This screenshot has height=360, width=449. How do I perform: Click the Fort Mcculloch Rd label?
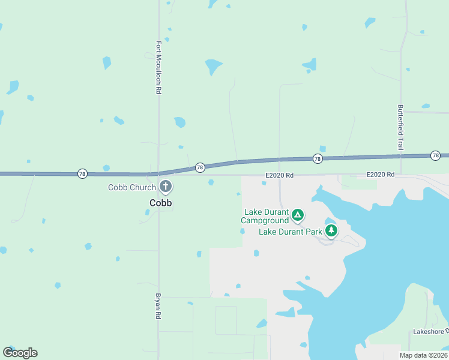coord(159,67)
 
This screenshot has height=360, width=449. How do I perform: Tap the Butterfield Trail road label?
coord(400,127)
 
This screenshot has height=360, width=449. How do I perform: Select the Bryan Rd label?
coord(159,306)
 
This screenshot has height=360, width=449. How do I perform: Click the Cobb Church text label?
coord(132,187)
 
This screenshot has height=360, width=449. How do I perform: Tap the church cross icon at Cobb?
coord(166,187)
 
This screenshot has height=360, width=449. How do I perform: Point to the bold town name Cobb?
coord(161,203)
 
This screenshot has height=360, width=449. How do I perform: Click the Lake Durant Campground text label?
coord(265,216)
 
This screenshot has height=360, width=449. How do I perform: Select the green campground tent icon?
coord(297,215)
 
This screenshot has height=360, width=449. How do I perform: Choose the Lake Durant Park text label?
coord(291,232)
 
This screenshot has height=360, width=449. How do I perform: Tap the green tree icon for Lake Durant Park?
coord(331,230)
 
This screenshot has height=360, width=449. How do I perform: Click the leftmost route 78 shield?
coord(82,174)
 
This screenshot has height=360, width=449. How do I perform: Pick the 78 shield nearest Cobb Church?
coord(200,167)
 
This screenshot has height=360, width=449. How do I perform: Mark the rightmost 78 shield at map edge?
coord(435,156)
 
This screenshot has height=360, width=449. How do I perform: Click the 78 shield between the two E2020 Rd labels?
coord(317,159)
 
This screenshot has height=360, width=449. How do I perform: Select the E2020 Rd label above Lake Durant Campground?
coord(279,175)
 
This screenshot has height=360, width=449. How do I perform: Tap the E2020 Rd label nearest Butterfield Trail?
coord(381,175)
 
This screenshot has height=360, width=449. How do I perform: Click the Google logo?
coord(20,353)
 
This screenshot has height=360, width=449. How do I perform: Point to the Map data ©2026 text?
coord(423,355)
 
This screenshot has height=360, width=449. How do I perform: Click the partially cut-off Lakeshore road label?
coord(430,332)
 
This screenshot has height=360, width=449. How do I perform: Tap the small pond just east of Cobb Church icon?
coord(211,182)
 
